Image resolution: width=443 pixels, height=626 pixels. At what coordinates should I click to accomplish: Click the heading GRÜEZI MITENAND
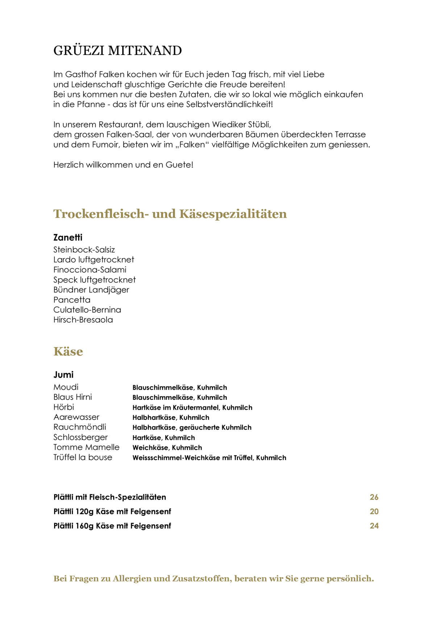point(117,51)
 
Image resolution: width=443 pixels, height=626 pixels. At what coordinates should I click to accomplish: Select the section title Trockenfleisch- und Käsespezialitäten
point(170,214)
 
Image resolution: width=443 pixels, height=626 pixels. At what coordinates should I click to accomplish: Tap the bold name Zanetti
point(68,238)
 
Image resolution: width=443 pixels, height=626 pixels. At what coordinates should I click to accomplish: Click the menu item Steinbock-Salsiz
point(84,250)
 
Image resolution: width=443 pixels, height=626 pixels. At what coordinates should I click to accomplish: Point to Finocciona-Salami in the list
point(90,270)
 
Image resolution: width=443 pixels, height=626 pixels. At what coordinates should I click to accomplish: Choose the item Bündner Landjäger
point(91,290)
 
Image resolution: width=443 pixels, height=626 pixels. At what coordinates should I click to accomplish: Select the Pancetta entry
point(72,300)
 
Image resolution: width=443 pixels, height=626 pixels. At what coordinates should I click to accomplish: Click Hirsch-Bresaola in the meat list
point(83,320)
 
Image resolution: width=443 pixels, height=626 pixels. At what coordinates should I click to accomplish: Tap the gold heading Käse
point(68,351)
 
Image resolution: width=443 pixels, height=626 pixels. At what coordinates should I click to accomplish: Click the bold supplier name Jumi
point(63,375)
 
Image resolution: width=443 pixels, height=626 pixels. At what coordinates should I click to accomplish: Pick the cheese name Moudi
point(66,387)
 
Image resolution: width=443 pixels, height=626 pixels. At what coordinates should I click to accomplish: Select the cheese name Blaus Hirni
point(73,397)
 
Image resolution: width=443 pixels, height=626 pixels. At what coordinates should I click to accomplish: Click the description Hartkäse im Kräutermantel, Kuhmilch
point(192,408)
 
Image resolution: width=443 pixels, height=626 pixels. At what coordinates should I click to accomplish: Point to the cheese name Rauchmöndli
point(80,427)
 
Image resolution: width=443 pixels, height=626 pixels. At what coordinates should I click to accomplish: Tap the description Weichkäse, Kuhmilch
point(167,448)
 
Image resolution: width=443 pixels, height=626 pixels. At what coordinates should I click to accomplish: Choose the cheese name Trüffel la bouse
point(83,458)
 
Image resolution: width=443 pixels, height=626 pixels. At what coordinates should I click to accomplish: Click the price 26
point(374,497)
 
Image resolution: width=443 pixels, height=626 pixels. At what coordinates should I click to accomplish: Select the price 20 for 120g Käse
point(374,512)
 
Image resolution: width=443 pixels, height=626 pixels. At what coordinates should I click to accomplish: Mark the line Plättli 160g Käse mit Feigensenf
point(112,526)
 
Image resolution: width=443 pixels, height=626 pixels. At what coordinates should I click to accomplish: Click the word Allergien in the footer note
point(132,579)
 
